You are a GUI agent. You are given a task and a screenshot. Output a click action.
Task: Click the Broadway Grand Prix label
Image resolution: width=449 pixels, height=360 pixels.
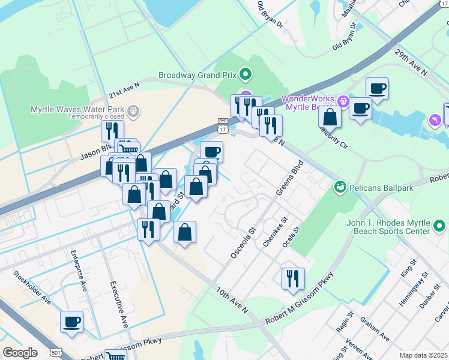(197, 76)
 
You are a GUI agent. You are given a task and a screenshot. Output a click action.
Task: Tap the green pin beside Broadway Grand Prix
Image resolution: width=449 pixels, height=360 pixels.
(245, 75)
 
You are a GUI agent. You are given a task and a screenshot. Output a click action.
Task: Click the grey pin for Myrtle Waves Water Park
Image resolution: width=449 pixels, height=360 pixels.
(133, 110)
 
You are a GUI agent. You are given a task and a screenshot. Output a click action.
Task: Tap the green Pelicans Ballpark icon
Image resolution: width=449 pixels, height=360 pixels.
(340, 187)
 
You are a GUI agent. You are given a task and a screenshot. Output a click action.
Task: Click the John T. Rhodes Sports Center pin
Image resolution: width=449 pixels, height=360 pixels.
(439, 226)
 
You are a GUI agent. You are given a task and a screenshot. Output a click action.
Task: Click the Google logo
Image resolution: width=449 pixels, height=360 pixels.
(20, 353)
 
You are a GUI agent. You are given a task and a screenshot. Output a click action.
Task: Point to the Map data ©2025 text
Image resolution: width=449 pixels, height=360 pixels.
(423, 355)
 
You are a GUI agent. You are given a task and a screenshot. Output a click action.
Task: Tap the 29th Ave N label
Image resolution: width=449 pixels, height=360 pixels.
(411, 63)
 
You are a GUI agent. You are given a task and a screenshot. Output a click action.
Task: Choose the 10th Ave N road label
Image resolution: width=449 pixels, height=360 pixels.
(232, 299)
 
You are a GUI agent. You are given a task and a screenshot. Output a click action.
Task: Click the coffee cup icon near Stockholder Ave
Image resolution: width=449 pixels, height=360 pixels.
(71, 321)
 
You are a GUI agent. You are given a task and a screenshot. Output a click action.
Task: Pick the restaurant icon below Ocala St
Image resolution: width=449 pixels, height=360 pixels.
(293, 278)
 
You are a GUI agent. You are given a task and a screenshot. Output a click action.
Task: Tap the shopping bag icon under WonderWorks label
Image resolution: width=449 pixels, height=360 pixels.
(330, 116)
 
